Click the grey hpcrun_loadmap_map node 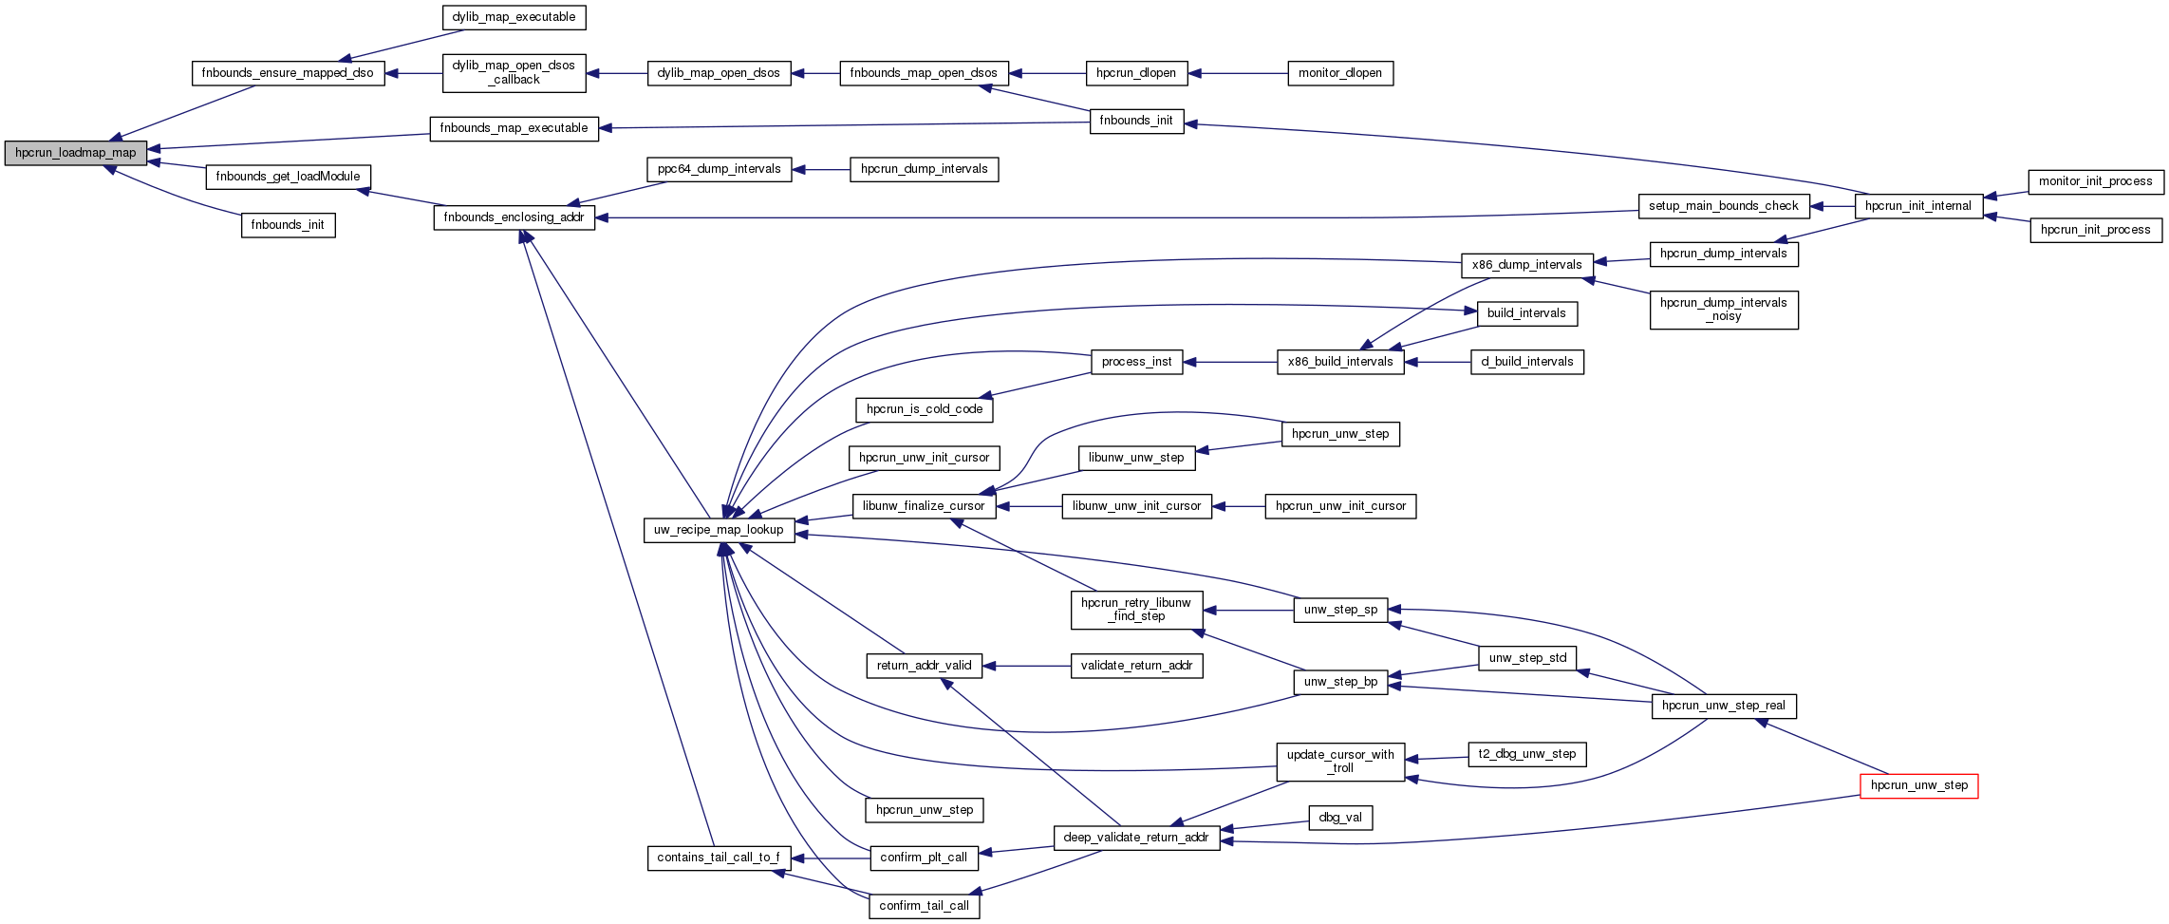pyautogui.click(x=75, y=153)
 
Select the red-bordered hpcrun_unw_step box pyautogui.click(x=1918, y=785)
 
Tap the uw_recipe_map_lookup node pyautogui.click(x=719, y=530)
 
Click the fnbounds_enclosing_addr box pyautogui.click(x=514, y=217)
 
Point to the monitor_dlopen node pyautogui.click(x=1339, y=73)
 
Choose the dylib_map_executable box pyautogui.click(x=514, y=17)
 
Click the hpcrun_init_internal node pyautogui.click(x=1917, y=206)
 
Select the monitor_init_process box pyautogui.click(x=2095, y=181)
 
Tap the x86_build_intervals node pyautogui.click(x=1339, y=362)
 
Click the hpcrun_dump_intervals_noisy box pyautogui.click(x=1723, y=310)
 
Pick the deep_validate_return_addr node pyautogui.click(x=1135, y=838)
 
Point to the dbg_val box pyautogui.click(x=1340, y=818)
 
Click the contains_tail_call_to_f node pyautogui.click(x=718, y=858)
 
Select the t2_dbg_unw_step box pyautogui.click(x=1526, y=754)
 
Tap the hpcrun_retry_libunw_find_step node pyautogui.click(x=1135, y=610)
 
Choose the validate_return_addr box pyautogui.click(x=1136, y=666)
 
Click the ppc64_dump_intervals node pyautogui.click(x=719, y=169)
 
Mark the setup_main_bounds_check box pyautogui.click(x=1723, y=206)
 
